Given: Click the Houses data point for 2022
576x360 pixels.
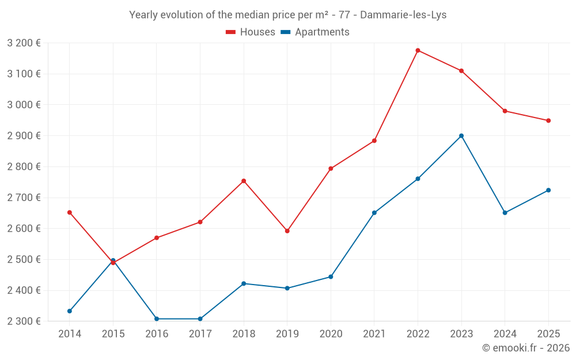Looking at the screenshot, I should pyautogui.click(x=418, y=50).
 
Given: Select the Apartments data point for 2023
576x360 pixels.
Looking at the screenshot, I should pyautogui.click(x=461, y=136).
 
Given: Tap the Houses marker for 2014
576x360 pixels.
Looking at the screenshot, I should pyautogui.click(x=70, y=213).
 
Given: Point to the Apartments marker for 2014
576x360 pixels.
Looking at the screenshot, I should pyautogui.click(x=70, y=311).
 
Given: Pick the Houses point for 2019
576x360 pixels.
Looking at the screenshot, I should pyautogui.click(x=287, y=231).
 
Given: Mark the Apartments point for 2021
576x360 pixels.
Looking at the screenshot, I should pyautogui.click(x=374, y=213).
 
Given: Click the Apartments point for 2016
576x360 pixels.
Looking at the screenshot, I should pyautogui.click(x=157, y=319).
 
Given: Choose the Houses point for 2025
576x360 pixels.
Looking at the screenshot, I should pyautogui.click(x=548, y=120).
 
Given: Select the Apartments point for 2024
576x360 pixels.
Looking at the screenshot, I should pyautogui.click(x=505, y=213).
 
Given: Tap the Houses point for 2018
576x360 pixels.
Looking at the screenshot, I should pyautogui.click(x=244, y=181).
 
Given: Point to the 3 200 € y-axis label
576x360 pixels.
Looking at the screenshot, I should pyautogui.click(x=24, y=43).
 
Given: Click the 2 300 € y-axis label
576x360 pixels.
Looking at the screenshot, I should pyautogui.click(x=24, y=321).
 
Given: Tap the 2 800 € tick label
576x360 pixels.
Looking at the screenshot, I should pyautogui.click(x=24, y=166).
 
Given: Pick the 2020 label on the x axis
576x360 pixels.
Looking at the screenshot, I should pyautogui.click(x=331, y=334).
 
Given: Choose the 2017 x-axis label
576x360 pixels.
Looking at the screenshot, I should pyautogui.click(x=200, y=334).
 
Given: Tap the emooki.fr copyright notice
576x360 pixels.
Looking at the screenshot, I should pyautogui.click(x=525, y=348).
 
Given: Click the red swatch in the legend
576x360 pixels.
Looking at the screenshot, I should pyautogui.click(x=231, y=32).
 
